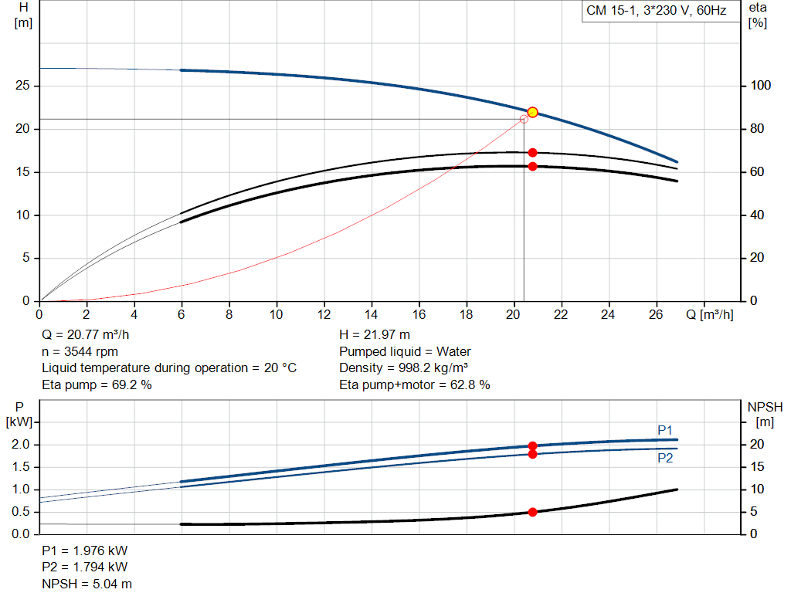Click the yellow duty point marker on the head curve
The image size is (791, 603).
(532, 112)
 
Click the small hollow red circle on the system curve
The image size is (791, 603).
(524, 119)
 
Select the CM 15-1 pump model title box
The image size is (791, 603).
(656, 12)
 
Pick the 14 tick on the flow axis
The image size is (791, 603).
(372, 314)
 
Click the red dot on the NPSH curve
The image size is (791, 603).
(532, 512)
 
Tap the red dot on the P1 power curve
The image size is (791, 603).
(532, 445)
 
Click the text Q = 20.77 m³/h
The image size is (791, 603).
(85, 335)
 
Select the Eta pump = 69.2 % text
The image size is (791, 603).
(97, 384)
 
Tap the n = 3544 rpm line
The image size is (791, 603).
(80, 351)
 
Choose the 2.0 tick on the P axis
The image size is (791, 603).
(21, 445)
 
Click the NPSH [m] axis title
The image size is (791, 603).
(766, 413)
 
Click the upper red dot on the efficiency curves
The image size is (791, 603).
(532, 153)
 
